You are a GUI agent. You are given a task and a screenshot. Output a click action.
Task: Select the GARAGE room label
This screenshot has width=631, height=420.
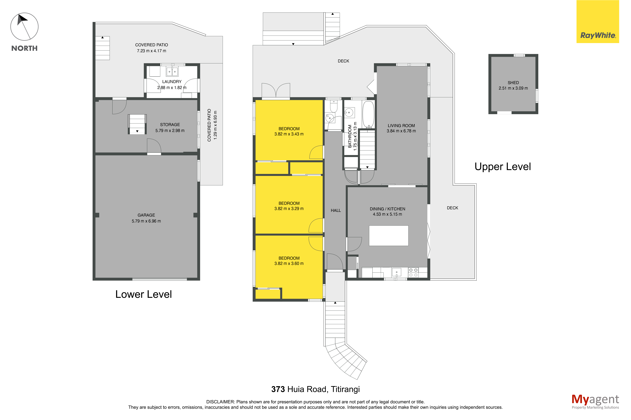146,215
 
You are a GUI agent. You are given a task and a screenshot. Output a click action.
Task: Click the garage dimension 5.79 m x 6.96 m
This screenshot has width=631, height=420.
146,221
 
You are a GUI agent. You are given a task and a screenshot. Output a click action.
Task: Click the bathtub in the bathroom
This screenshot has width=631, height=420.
368,114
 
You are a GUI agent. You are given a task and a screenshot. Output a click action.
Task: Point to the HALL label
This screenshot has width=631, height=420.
336,211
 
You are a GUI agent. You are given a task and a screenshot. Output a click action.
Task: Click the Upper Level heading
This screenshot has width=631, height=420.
503,167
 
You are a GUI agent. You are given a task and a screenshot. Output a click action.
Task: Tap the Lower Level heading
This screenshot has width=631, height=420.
144,294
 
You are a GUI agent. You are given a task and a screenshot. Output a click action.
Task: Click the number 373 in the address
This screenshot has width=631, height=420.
278,389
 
